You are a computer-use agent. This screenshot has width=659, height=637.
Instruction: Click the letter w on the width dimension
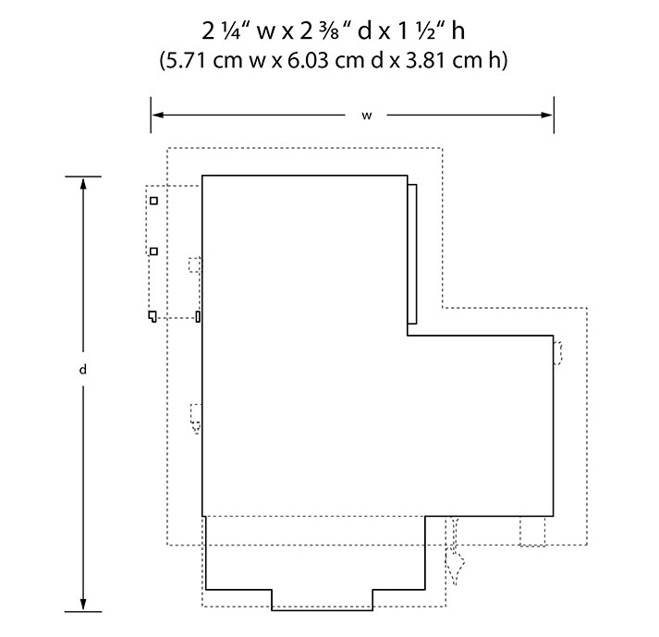(x=367, y=116)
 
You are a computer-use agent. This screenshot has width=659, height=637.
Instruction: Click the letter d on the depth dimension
(x=83, y=370)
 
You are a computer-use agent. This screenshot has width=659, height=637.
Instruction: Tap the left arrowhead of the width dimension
(x=157, y=115)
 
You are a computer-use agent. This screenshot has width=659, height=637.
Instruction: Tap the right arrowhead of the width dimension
(x=547, y=115)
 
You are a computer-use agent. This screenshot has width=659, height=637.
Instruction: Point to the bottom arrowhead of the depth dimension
(x=83, y=605)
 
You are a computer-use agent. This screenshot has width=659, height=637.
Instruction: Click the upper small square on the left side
(x=153, y=201)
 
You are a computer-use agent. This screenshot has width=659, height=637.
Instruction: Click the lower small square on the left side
(x=153, y=251)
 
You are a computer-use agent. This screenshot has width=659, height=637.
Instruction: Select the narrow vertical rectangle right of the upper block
(x=412, y=254)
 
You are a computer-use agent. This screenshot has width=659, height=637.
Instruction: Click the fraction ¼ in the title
(x=232, y=31)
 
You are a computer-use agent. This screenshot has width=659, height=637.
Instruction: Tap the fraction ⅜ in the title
(x=329, y=31)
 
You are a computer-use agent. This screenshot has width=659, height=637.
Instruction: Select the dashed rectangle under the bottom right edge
(x=532, y=532)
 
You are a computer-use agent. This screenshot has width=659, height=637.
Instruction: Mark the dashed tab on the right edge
(x=557, y=353)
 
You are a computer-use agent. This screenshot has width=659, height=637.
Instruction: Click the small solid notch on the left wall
(x=198, y=316)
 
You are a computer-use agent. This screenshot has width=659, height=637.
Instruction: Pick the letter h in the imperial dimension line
(x=458, y=31)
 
